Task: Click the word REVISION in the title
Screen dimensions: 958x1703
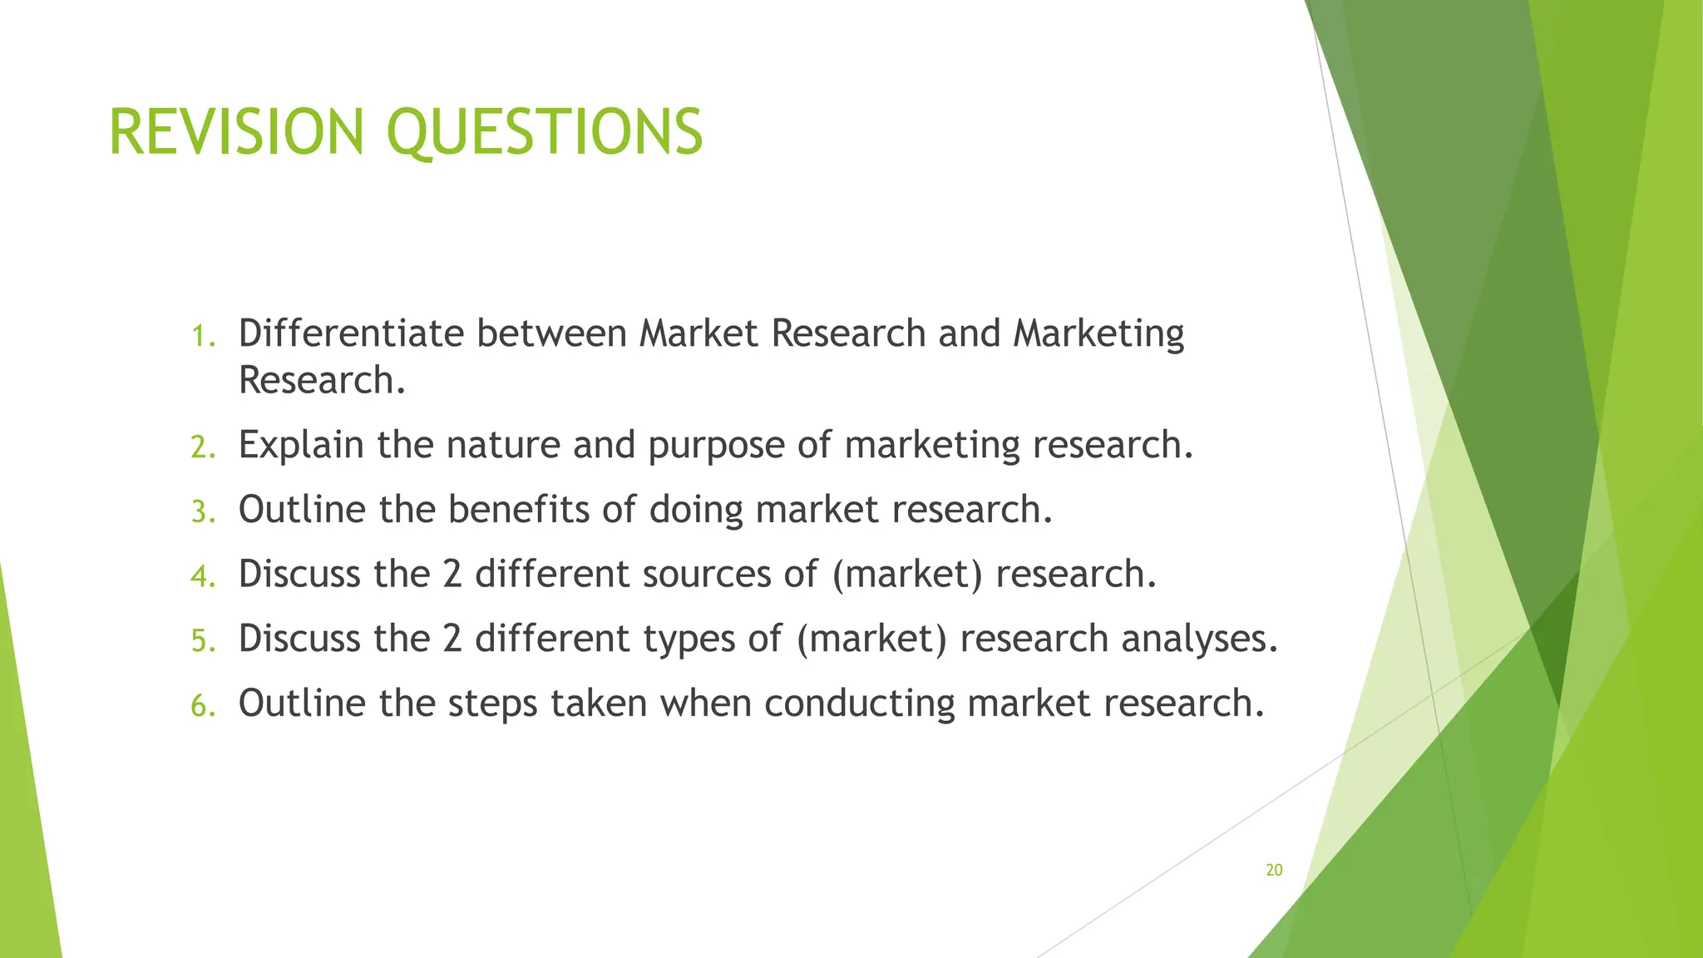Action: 236,132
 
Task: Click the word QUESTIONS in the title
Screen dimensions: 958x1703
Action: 545,132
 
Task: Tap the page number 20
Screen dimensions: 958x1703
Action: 1274,870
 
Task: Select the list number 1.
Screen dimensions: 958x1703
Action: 202,336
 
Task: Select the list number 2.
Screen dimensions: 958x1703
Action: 202,447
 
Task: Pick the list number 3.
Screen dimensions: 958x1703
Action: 202,511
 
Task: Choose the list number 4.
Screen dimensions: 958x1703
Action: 202,575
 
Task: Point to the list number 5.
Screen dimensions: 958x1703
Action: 202,640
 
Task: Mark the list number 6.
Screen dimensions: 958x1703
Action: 202,705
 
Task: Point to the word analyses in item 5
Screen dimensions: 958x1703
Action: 1198,639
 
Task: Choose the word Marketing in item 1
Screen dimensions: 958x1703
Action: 1098,333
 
